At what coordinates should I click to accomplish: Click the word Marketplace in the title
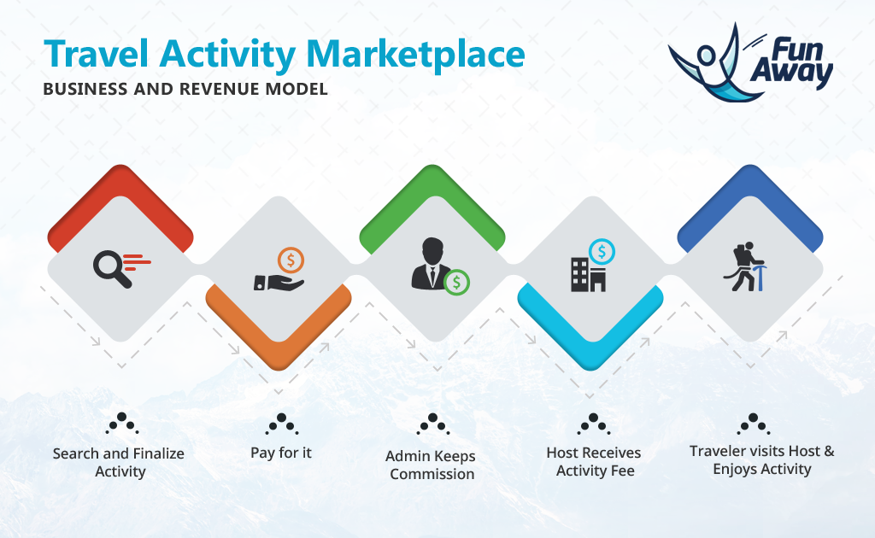coord(416,55)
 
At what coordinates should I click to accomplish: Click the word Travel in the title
coord(96,54)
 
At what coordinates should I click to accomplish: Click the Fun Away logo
coord(750,62)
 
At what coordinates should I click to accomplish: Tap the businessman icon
coord(431,263)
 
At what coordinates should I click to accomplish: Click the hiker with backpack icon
coord(745,266)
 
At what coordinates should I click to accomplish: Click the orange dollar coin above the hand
coord(291,260)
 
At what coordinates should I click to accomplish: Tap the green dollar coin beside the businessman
coord(456,282)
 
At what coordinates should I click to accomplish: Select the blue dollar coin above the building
coord(602,251)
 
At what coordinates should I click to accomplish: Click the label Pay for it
coord(280,453)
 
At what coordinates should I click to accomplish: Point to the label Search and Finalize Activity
coord(119,462)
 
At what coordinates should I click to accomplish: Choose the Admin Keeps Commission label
coord(431,465)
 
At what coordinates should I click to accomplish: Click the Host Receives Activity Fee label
coord(594,462)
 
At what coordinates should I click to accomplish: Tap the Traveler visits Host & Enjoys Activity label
coord(761,460)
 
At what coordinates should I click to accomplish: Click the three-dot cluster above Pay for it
coord(282,424)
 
